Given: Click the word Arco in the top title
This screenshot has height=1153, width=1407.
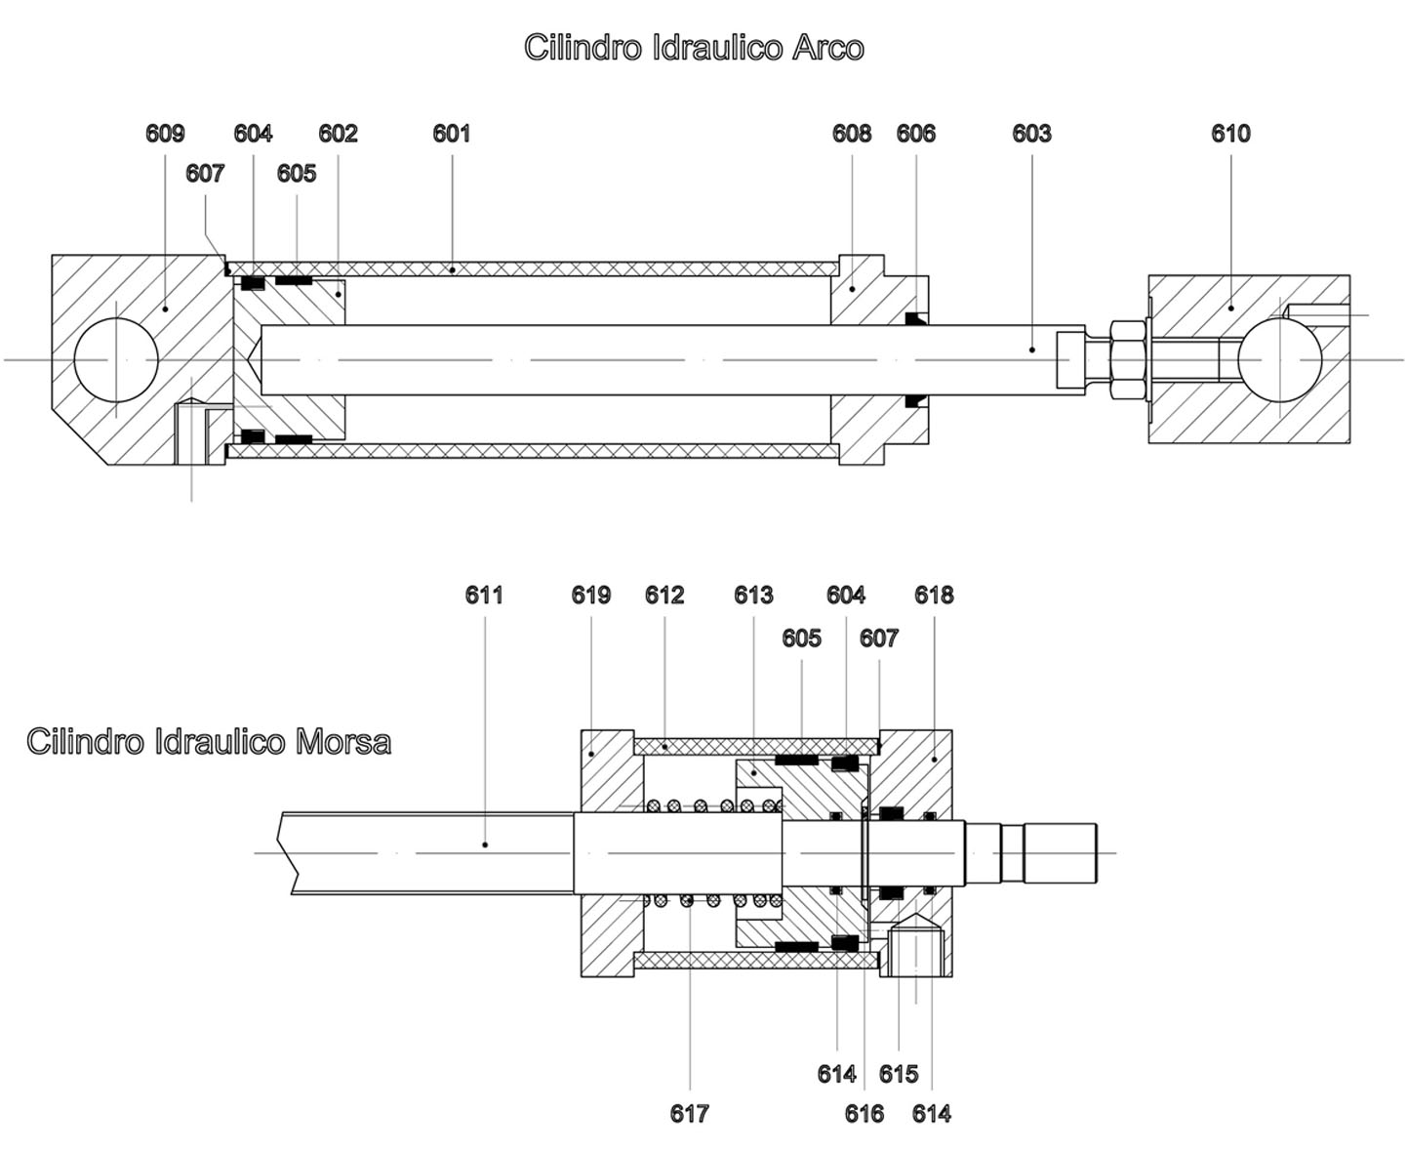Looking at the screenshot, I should coord(827,47).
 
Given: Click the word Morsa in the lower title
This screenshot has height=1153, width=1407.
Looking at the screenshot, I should coord(342,741).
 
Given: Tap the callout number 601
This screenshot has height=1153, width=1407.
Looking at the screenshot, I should coord(452,134).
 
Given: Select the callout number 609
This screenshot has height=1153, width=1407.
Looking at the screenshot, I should coord(165,134).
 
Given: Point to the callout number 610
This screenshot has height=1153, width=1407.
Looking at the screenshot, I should coord(1230,134).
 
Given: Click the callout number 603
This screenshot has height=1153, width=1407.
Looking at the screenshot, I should coord(1031,134).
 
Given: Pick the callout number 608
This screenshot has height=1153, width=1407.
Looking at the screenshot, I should coord(852,134).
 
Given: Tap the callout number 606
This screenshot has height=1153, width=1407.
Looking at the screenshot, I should coord(915,134).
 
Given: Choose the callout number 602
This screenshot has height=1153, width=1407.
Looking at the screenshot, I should coord(339,134).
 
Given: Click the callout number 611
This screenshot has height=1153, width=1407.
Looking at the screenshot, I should coord(484,596).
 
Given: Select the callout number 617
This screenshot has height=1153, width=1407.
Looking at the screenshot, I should coord(690,1114).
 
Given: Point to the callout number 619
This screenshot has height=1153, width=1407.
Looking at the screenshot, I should coord(591,596).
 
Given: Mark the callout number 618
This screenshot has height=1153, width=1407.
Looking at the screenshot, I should coord(934,596).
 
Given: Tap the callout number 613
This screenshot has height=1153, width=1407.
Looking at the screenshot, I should coord(754,596).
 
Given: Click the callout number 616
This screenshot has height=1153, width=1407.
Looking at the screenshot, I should coord(864,1114).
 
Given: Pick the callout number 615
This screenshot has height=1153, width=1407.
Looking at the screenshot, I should coord(899,1074).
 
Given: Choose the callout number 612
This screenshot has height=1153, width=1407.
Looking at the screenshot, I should coord(664,596).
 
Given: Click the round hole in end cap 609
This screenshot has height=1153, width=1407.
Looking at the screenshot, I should coord(115,359).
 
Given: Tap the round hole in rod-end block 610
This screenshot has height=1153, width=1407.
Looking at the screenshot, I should coord(1279,359).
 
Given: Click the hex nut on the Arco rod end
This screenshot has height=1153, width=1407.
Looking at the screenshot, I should coord(1128,359).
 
